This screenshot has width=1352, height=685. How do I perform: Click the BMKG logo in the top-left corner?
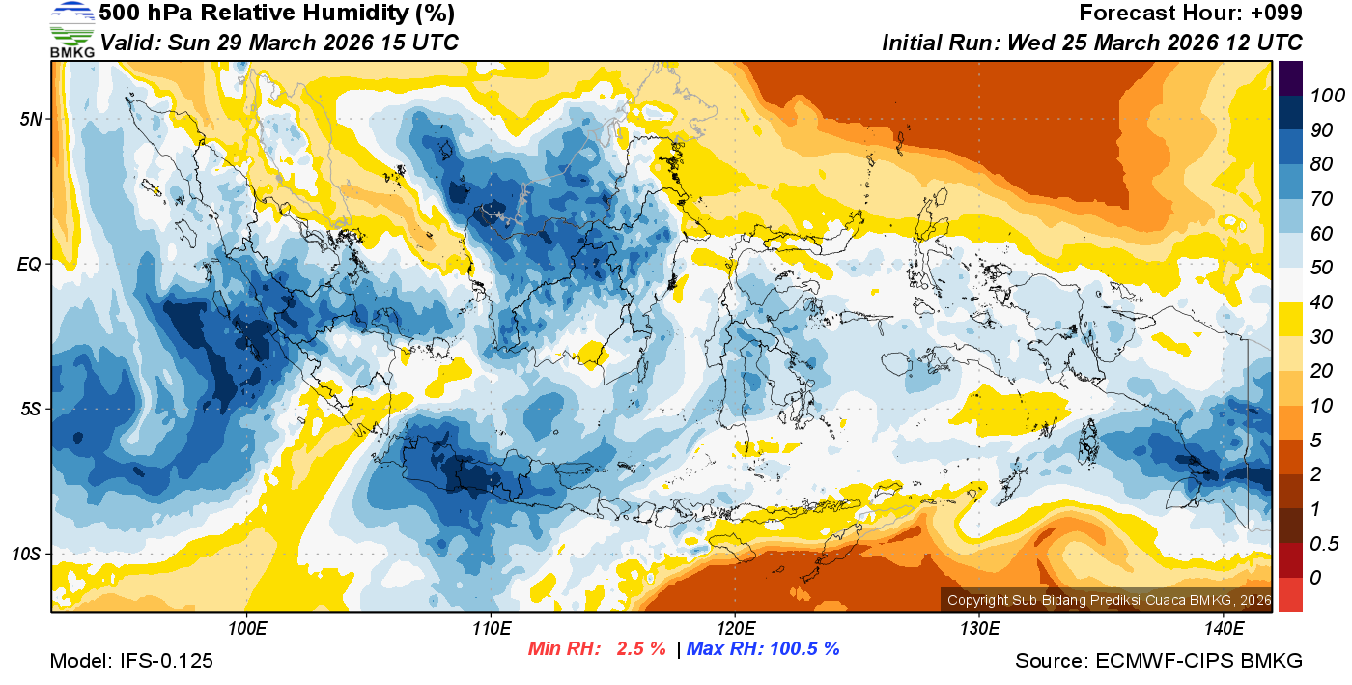tap(72, 30)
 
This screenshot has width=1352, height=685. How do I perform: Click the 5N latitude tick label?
tap(29, 119)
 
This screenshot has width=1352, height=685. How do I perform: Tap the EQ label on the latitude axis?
tap(29, 264)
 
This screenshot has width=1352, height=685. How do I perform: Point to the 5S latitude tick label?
tap(29, 409)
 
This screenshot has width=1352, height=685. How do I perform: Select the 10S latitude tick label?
tap(25, 554)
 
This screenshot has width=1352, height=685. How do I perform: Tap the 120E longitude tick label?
tap(735, 629)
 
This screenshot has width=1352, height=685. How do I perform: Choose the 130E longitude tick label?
tap(979, 629)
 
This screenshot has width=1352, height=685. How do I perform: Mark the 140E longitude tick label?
tap(1224, 629)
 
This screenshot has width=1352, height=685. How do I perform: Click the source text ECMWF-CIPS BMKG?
tap(1198, 661)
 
